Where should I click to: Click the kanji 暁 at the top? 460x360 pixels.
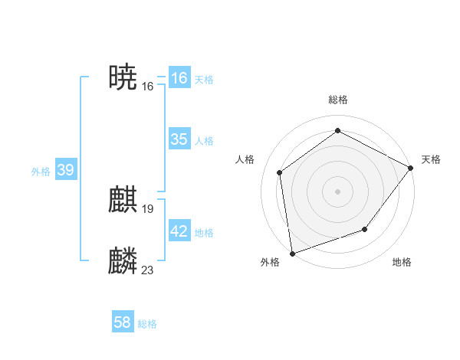coord(123,77)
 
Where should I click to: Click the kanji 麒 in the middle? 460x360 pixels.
coord(123,201)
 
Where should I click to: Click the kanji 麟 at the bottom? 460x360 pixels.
coord(123,261)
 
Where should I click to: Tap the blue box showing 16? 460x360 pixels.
coord(179,78)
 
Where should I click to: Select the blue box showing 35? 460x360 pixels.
coord(179,139)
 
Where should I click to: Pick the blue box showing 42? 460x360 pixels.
coord(179,231)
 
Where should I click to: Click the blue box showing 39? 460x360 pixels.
coord(65,170)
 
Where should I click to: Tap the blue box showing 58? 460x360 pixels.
coord(123,322)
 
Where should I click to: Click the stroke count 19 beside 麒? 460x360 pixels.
coord(148,208)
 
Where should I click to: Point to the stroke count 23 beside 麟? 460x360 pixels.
coord(148,270)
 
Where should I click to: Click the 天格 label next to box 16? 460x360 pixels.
coord(204,80)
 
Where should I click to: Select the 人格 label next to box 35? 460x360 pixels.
coord(204,141)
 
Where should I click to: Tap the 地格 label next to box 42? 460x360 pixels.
coord(204,233)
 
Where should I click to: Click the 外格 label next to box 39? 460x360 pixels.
coord(41,172)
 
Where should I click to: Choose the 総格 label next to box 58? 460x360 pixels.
coord(147,324)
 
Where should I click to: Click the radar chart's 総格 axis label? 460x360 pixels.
coord(337,100)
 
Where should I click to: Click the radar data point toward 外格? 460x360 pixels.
coord(292,253)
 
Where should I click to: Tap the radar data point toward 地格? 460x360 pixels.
coord(365,229)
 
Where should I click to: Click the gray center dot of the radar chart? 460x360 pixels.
coord(337,191)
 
